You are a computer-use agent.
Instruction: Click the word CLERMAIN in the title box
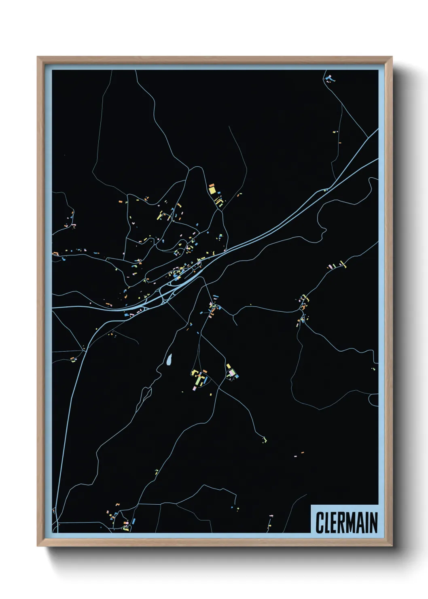point(346,523)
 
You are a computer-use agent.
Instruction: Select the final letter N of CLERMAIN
point(373,523)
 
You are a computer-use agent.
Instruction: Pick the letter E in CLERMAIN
point(334,523)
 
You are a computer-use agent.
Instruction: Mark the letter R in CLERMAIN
point(342,523)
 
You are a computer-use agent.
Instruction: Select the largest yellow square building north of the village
point(212,190)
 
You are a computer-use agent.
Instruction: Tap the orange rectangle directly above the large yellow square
point(212,185)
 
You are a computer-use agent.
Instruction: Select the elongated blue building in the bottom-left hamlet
point(133,521)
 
